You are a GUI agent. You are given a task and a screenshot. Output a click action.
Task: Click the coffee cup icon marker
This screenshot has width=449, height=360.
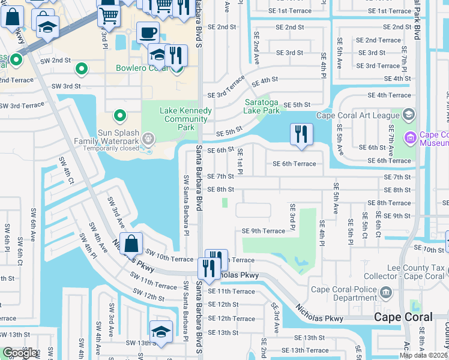148,32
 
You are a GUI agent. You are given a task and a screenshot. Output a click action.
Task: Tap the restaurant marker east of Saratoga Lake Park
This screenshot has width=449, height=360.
301,134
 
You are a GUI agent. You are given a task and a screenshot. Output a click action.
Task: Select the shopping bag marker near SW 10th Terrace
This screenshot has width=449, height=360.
131,244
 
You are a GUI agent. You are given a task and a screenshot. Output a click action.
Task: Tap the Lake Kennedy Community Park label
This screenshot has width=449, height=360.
185,119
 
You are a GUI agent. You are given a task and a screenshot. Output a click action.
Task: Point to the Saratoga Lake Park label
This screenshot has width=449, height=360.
262,106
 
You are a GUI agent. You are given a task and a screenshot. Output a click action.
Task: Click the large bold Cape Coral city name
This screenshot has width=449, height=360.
403,317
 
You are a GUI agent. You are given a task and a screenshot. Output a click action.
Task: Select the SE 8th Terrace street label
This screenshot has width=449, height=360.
388,203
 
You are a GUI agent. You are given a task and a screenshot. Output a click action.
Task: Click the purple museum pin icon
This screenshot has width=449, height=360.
411,138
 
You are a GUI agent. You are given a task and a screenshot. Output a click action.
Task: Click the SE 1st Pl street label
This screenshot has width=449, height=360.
240,162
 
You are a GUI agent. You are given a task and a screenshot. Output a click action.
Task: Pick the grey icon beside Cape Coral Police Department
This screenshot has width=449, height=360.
386,293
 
